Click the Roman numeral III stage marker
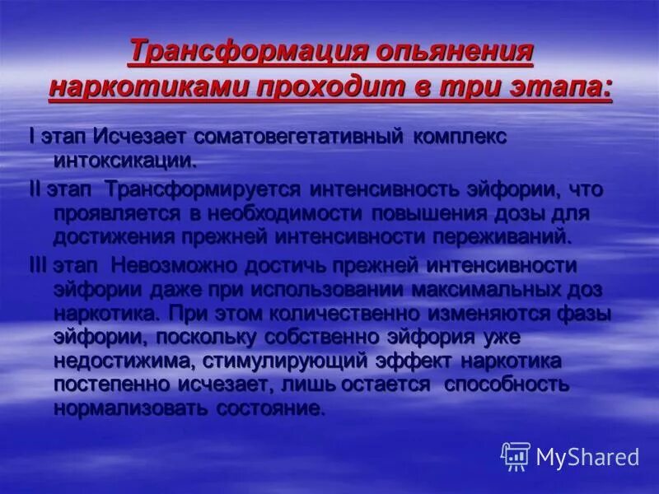tap(40, 265)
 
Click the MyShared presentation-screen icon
tap(516, 455)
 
